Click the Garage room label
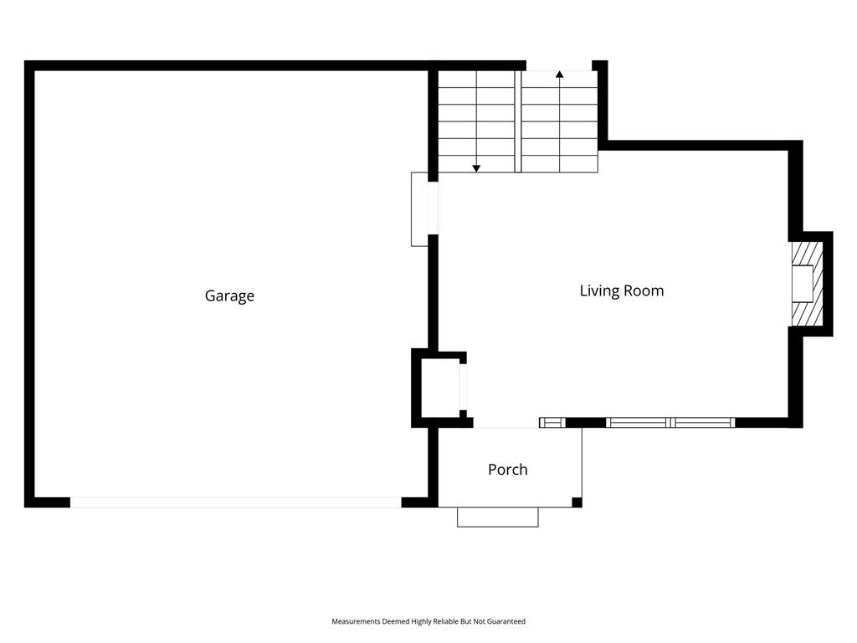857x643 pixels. pos(229,296)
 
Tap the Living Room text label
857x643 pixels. pos(622,291)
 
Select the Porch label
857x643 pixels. pos(508,469)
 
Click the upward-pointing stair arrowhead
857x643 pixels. pos(559,74)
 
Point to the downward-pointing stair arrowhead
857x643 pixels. pos(476,169)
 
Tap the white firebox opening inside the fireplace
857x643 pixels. pos(803,284)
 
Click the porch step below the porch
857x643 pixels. pos(497,517)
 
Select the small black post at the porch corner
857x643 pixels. pos(577,502)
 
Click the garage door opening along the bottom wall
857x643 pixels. pos(235,502)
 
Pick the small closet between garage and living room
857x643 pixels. pos(439,388)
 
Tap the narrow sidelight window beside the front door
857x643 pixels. pos(552,423)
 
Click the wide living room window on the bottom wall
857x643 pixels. pos(670,423)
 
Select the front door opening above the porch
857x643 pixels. pos(506,423)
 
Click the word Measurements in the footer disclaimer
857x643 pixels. pos(355,621)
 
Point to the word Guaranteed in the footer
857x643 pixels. pos(506,621)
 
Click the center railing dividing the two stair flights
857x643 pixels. pos(517,121)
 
